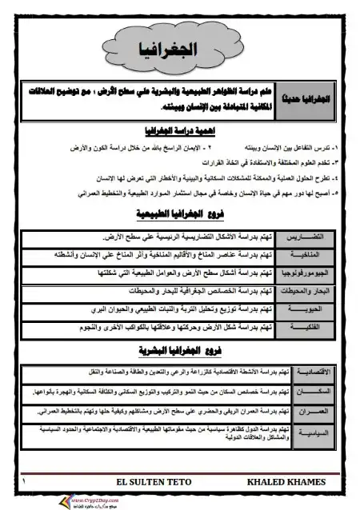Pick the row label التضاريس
point(316,238)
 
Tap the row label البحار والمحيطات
point(316,292)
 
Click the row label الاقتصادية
point(318,373)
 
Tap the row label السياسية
point(318,432)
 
